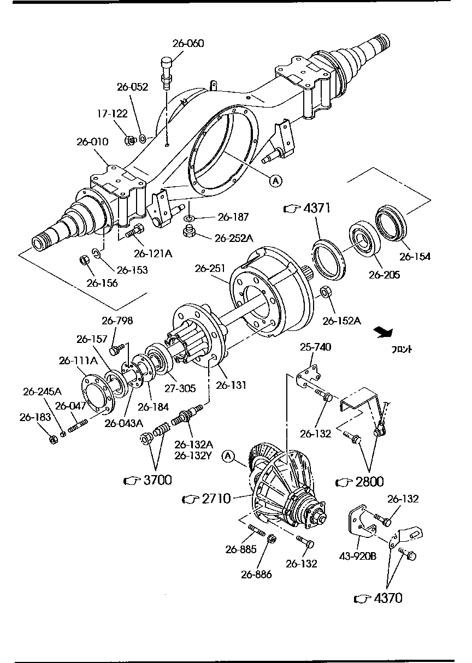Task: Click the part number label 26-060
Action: pos(188,44)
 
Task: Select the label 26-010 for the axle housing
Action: pos(92,141)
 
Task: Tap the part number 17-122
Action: pos(112,114)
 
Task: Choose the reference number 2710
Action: pos(215,498)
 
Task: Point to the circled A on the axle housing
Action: pos(275,181)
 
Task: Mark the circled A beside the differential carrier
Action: pos(228,455)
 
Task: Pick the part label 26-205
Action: pos(384,275)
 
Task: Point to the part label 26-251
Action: pos(210,269)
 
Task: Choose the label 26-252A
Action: pos(234,238)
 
